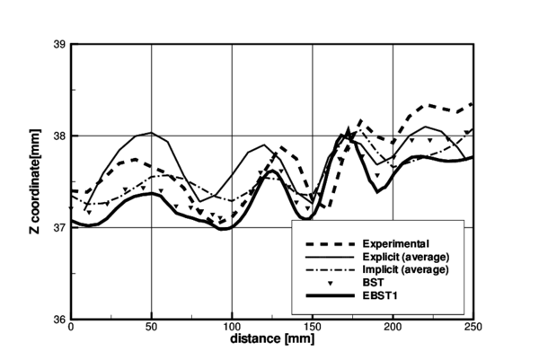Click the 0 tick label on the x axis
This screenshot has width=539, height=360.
tap(71, 329)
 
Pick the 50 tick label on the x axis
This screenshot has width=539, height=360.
tap(151, 329)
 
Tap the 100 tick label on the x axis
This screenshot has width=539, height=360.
tap(232, 329)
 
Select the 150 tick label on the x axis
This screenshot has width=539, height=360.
tap(313, 329)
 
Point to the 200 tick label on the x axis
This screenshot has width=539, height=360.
tap(393, 329)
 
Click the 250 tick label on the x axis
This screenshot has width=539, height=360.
tap(473, 329)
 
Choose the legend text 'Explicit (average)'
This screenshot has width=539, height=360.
tap(405, 257)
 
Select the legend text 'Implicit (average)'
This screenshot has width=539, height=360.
tap(405, 269)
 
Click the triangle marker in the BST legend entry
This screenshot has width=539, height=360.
tap(330, 282)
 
